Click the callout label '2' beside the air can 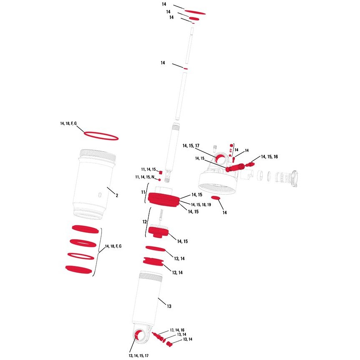[117, 195]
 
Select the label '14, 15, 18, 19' [201, 205]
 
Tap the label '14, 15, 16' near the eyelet [269, 157]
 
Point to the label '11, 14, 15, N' [145, 177]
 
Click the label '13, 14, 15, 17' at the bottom [138, 356]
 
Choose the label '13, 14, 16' [177, 330]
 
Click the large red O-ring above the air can [101, 136]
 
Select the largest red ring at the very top [195, 12]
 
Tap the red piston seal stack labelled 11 [163, 200]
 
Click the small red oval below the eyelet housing [215, 198]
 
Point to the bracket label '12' [145, 222]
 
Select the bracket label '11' [143, 192]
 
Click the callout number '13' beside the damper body [169, 306]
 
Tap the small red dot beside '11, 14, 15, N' [160, 179]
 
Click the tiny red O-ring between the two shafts [185, 68]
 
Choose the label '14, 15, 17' [191, 146]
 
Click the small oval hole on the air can [100, 195]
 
